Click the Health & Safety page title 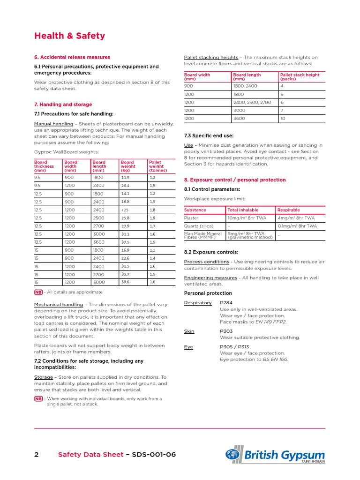[x=70, y=36]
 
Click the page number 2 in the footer [x=37, y=455]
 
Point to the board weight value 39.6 [x=125, y=282]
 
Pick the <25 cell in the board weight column [x=125, y=210]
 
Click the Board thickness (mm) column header [x=44, y=166]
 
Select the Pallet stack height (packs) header [x=300, y=77]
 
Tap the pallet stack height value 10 [x=283, y=119]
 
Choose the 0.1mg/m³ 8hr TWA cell [x=297, y=226]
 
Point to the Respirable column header [x=289, y=210]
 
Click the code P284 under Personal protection [x=227, y=303]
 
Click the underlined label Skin [x=189, y=331]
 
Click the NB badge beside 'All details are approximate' [x=38, y=292]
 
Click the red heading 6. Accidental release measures [x=72, y=57]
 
